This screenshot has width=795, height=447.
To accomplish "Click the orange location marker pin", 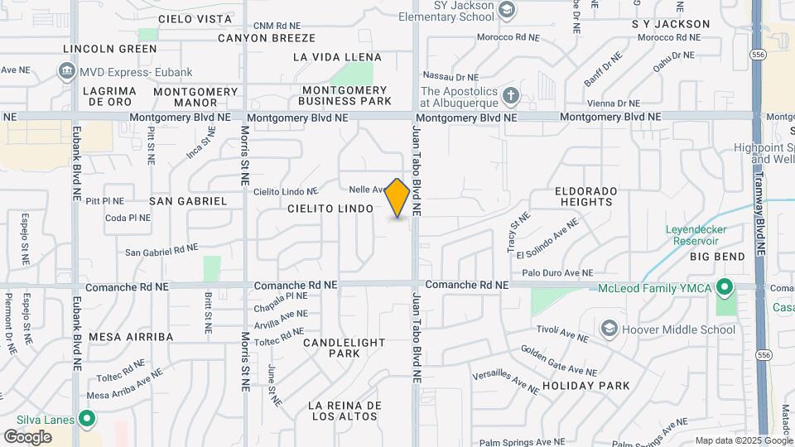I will pos(397,197).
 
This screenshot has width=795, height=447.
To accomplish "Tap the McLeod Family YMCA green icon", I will pos(725,288).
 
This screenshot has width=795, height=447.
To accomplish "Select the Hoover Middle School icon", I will pos(609,329).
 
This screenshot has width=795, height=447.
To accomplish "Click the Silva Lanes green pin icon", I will pos(85,419).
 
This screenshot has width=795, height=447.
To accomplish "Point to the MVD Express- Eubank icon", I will pos(66,72).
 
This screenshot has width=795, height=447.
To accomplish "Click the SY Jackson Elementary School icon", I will pos(507,11).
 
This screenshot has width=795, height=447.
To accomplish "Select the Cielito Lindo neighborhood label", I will pos(330,209).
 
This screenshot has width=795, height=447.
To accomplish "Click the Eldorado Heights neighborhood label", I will pos(586,196).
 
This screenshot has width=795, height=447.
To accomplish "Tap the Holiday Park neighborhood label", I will pos(586,386).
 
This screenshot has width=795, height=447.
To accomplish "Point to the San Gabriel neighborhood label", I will pos(188,201).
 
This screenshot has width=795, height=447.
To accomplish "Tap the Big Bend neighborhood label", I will pos(718,257).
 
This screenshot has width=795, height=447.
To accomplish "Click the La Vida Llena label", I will pos(338,57).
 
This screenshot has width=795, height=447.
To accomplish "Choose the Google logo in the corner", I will pos(27,437).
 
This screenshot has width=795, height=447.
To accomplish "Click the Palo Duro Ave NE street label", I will pos(557,272).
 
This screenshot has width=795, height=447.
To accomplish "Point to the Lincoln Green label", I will pos(109,49).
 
